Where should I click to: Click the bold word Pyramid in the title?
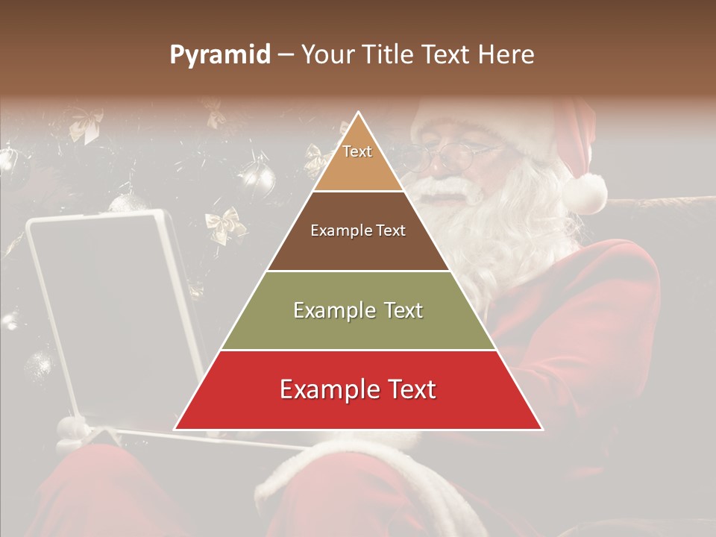tap(220, 55)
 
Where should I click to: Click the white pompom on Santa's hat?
tap(585, 192)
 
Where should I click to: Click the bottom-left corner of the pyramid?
tap(175, 429)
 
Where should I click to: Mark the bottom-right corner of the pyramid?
tap(541, 429)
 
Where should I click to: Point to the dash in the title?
tap(286, 55)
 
